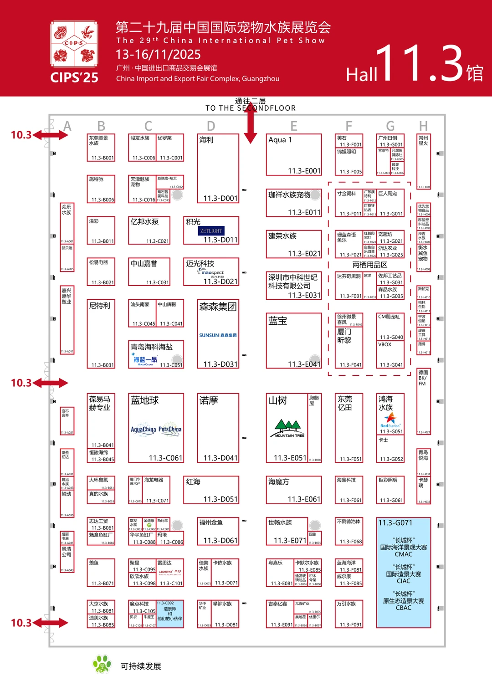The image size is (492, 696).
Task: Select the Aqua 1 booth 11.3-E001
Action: click(294, 154)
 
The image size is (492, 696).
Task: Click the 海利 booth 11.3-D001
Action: click(218, 168)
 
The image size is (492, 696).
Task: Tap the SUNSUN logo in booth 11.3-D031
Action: click(218, 335)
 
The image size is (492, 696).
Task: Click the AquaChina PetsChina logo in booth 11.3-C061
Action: click(156, 429)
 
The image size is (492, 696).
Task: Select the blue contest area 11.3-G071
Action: click(403, 572)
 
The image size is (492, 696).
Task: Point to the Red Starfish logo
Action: click(390, 420)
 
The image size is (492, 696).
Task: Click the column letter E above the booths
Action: click(294, 126)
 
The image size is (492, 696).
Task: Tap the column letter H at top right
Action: click(423, 126)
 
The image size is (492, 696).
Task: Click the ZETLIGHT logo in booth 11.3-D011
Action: click(211, 231)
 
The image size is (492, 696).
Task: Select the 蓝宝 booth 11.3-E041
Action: click(294, 340)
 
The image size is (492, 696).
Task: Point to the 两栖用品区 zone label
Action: click(369, 265)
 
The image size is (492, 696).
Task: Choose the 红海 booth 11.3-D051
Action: click(218, 490)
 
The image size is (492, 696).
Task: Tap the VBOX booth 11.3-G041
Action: click(390, 354)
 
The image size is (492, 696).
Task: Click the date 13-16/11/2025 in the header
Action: click(158, 55)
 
